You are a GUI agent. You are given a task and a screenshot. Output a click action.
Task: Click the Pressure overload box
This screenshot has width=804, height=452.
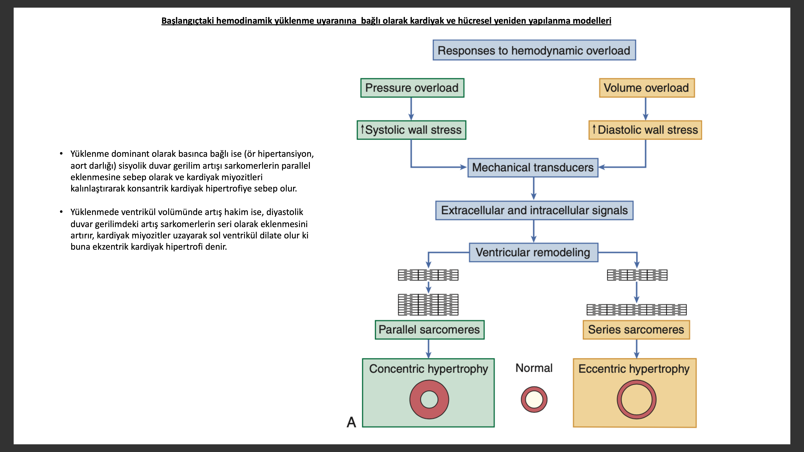[x=412, y=88]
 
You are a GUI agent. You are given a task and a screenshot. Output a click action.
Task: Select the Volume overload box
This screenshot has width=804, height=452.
[x=646, y=88]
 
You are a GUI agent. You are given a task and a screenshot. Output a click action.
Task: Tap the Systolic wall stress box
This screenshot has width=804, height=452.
[x=411, y=130]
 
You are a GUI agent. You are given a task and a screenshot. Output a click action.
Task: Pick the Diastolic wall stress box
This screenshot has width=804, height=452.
[x=645, y=130]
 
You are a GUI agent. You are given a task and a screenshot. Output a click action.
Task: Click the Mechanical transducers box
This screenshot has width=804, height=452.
[x=533, y=167]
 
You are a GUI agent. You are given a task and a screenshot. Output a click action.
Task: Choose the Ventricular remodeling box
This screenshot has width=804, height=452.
[x=533, y=252]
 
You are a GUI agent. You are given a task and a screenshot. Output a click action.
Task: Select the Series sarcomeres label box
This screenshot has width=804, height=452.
[x=636, y=330]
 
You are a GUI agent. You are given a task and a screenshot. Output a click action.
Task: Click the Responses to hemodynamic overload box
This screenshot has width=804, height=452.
[x=534, y=50]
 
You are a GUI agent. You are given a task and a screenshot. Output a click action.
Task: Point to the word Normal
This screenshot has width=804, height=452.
[x=534, y=368]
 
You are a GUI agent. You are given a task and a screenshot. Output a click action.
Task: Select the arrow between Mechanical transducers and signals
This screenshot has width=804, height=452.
[x=534, y=189]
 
